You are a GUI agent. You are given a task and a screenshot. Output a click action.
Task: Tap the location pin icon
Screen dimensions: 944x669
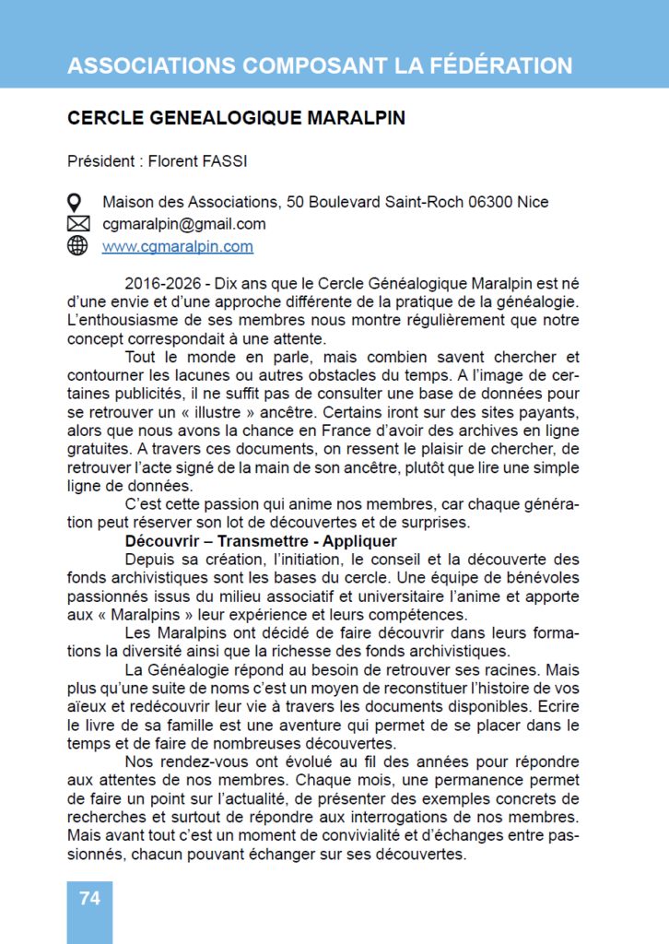pyautogui.click(x=77, y=202)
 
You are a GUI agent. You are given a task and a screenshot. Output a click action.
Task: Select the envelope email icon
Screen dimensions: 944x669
pyautogui.click(x=77, y=224)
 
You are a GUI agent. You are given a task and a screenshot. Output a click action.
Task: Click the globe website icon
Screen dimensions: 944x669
pyautogui.click(x=77, y=246)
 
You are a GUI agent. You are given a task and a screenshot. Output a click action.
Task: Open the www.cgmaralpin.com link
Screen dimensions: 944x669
pyautogui.click(x=177, y=246)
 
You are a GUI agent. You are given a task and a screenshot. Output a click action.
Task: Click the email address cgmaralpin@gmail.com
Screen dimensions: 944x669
pyautogui.click(x=183, y=224)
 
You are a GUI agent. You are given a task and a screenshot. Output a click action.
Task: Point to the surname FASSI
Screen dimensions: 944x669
pyautogui.click(x=226, y=161)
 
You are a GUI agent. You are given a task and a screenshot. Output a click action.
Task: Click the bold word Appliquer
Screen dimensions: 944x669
pyautogui.click(x=355, y=541)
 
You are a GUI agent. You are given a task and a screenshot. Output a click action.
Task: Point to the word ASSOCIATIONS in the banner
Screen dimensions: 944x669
pyautogui.click(x=150, y=65)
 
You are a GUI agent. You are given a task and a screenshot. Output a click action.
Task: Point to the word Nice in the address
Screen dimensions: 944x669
pyautogui.click(x=534, y=202)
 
